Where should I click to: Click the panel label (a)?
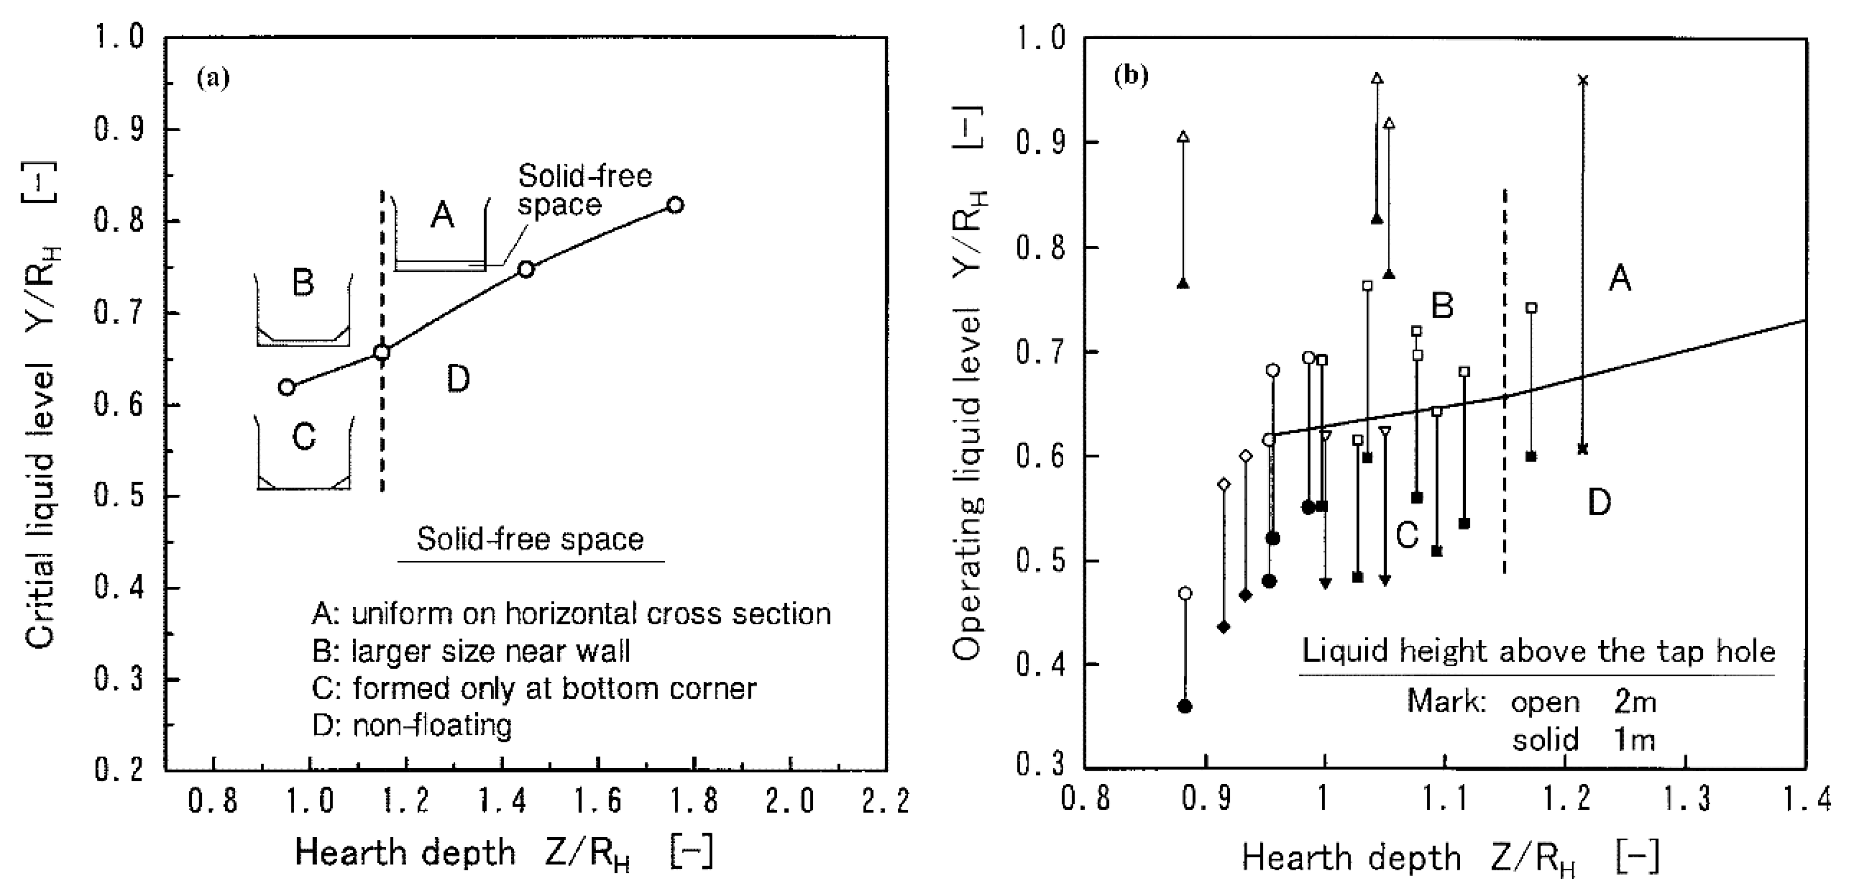(x=213, y=77)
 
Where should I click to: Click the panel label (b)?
(x=1131, y=75)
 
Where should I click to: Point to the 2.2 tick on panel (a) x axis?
(x=886, y=800)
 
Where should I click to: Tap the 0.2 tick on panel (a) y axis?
(x=118, y=770)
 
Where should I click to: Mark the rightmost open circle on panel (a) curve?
(x=675, y=205)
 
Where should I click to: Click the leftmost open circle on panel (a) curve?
(x=286, y=387)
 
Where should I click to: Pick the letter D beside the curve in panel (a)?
(x=458, y=379)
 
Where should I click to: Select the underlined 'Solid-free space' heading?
(x=530, y=540)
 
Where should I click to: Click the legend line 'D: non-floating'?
(x=412, y=726)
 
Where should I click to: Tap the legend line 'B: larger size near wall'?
(x=471, y=651)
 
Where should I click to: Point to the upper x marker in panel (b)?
(x=1582, y=80)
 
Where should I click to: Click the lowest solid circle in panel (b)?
(x=1185, y=706)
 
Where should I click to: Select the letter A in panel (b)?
(x=1620, y=278)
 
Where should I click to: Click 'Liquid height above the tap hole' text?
(x=1539, y=651)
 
